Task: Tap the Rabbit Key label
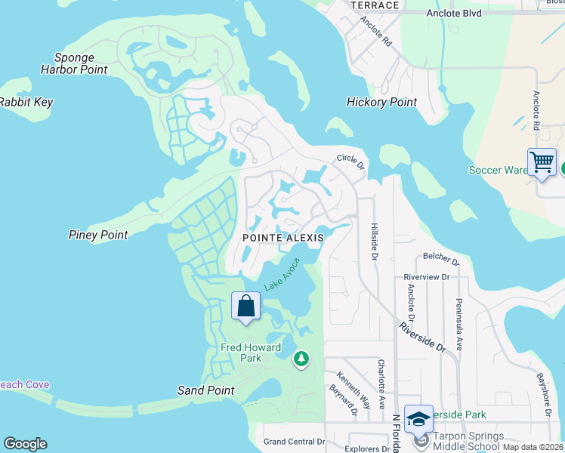[26, 102]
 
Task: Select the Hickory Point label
[381, 102]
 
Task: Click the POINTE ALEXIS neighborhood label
[283, 238]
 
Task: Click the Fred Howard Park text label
[252, 353]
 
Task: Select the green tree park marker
[301, 359]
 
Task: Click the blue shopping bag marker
[246, 307]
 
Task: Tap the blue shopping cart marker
[542, 162]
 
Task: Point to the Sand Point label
[205, 390]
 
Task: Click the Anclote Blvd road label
[453, 13]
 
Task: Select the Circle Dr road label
[351, 161]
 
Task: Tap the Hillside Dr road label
[374, 242]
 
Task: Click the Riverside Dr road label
[422, 336]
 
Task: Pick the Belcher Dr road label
[441, 260]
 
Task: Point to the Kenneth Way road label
[354, 388]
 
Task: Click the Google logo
[25, 444]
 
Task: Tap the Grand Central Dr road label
[294, 442]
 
